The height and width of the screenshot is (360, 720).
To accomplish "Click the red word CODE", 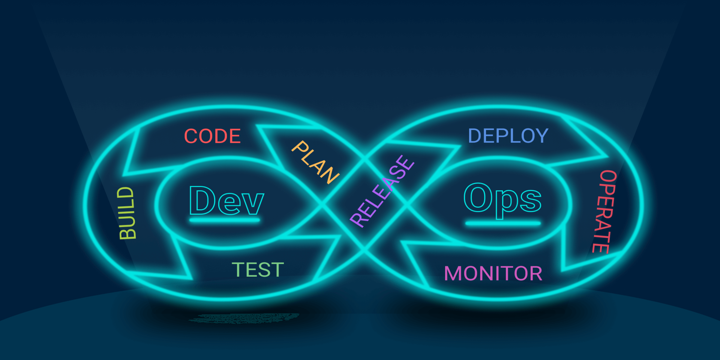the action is pos(212,136).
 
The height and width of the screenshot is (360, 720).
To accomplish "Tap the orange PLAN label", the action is pos(315,162).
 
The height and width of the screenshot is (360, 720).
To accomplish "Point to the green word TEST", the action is pos(258,270).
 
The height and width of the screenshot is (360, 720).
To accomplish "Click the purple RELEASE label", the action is pos(382,191).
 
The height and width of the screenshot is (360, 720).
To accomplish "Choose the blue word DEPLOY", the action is pos(508,136).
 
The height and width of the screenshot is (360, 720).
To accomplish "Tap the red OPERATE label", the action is pos(604,211).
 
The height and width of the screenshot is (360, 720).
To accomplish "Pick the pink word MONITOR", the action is pos(493,273).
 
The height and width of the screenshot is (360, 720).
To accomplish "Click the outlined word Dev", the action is pos(226,201).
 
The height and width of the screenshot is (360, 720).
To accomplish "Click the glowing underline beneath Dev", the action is pos(225,220).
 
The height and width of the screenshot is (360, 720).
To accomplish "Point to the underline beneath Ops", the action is pos(503,224).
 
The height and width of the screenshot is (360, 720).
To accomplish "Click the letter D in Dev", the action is pos(202,200).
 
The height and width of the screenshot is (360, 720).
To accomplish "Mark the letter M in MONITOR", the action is pos(453,273).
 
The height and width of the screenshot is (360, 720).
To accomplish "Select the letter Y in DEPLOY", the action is pos(541,136).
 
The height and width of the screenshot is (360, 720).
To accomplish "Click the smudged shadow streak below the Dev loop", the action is pos(244,318).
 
